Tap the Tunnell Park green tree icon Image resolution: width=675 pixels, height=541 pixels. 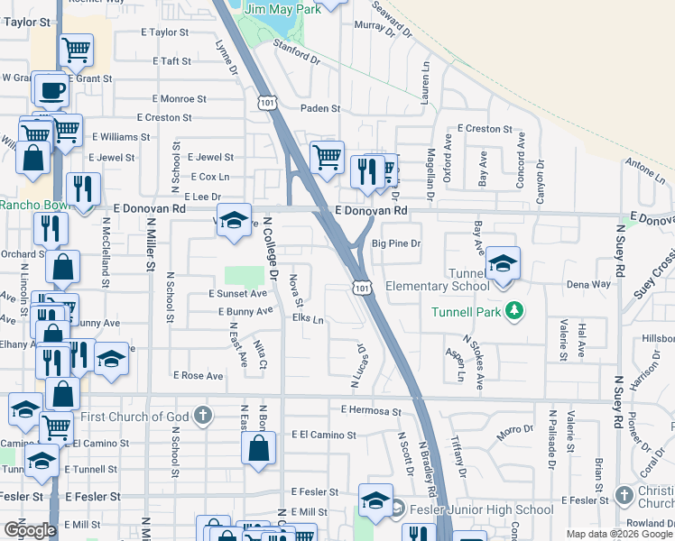click(514, 311)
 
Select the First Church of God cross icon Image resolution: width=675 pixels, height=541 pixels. click(204, 416)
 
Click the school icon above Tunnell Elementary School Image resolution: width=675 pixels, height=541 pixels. click(504, 262)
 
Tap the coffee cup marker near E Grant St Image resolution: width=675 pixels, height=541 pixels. click(53, 89)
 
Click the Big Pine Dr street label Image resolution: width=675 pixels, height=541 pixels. click(396, 243)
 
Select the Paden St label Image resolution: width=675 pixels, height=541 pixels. click(320, 108)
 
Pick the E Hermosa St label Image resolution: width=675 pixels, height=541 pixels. click(371, 411)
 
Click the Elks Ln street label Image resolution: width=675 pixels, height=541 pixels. click(308, 318)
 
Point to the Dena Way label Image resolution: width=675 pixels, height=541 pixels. click(588, 284)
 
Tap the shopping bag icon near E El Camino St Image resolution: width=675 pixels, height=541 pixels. click(259, 449)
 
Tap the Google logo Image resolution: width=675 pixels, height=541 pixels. click(30, 529)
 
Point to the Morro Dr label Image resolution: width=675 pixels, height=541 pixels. click(515, 432)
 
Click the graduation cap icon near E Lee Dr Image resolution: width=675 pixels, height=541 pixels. click(234, 222)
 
